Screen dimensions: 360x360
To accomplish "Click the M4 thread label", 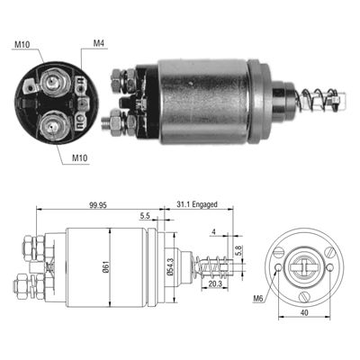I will point(99,42).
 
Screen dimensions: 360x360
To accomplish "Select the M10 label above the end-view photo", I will point(23,42).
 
